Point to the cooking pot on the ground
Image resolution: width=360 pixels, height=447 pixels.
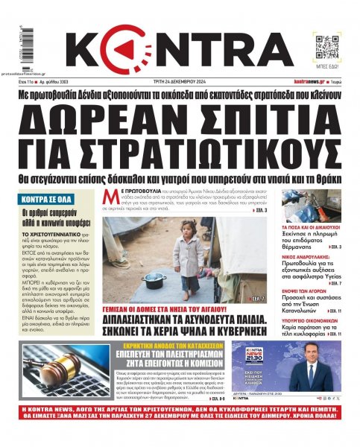tap(156, 281)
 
